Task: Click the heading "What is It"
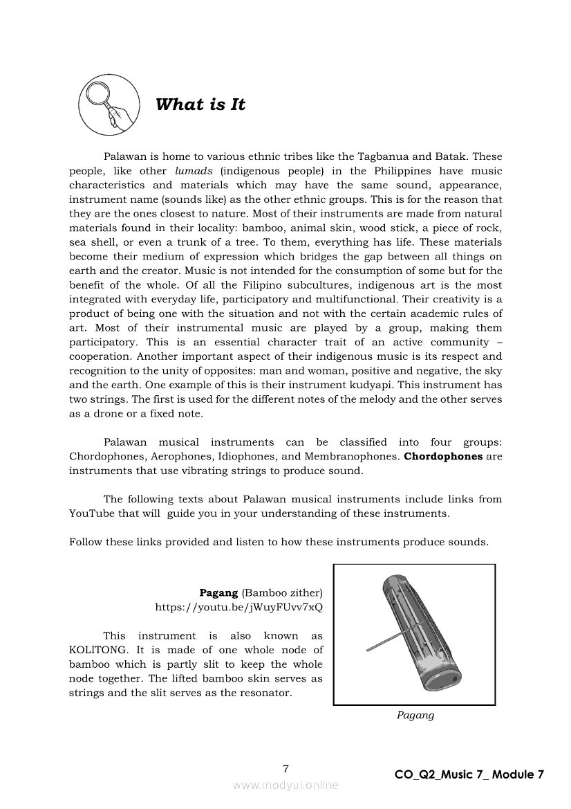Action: pyautogui.click(x=200, y=105)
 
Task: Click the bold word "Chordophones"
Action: pyautogui.click(x=443, y=456)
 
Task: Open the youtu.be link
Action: pyautogui.click(x=238, y=607)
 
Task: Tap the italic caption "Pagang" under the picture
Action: pyautogui.click(x=415, y=716)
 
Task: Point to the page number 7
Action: pyautogui.click(x=285, y=769)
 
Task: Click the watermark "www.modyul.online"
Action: pyautogui.click(x=285, y=785)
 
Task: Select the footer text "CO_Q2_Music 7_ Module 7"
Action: pyautogui.click(x=469, y=774)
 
